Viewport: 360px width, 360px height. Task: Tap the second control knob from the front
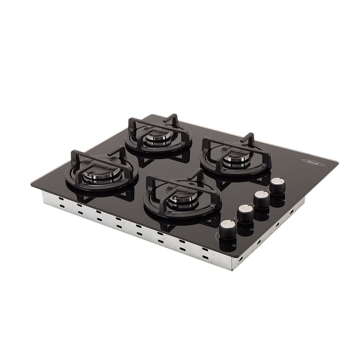(x=245, y=214)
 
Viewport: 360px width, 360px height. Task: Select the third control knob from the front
(x=262, y=200)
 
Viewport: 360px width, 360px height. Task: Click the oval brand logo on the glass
(x=311, y=162)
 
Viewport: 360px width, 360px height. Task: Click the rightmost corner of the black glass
(x=338, y=163)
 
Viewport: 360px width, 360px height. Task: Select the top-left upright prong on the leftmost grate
(x=75, y=154)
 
